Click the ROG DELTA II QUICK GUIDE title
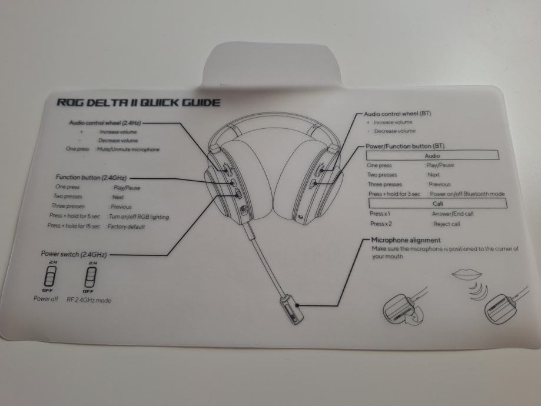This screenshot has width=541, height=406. [138, 103]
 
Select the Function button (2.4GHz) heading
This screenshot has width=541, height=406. [91, 177]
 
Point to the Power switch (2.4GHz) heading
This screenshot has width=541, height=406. [74, 254]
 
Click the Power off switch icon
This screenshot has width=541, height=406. [51, 276]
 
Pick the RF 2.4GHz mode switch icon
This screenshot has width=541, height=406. [90, 276]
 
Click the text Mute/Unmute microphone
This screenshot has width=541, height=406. [129, 149]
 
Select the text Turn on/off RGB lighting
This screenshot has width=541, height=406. [139, 217]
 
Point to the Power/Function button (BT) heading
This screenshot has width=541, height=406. [405, 145]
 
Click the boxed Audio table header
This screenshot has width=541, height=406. [432, 156]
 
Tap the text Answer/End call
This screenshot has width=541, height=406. [452, 214]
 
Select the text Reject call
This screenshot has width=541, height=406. [446, 224]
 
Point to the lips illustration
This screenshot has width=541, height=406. [467, 274]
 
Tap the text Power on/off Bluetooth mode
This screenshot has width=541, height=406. [467, 194]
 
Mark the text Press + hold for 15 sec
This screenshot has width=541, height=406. [74, 227]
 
